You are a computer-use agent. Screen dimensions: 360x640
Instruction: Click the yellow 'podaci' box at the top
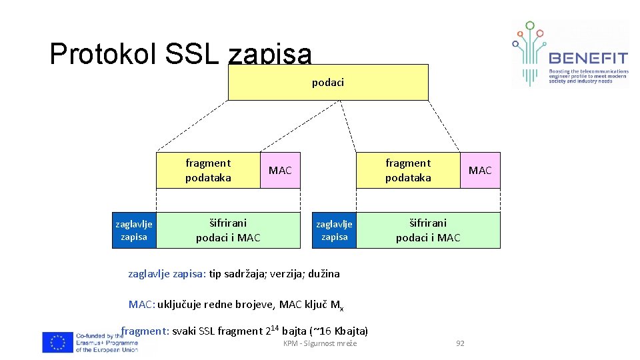click(x=328, y=82)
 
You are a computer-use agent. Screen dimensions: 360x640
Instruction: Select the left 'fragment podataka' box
click(x=208, y=170)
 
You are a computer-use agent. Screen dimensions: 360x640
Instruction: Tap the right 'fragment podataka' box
click(x=408, y=170)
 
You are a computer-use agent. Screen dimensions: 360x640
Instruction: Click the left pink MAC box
click(x=280, y=170)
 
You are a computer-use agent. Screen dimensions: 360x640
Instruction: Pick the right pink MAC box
click(x=480, y=170)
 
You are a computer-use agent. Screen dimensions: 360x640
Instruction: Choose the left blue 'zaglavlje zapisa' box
click(x=134, y=230)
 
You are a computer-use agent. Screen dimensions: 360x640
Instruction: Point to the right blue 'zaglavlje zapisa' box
click(x=334, y=230)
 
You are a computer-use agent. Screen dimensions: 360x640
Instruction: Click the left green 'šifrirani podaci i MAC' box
click(x=228, y=230)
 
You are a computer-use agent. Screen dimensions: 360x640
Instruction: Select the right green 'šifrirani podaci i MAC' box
click(x=428, y=230)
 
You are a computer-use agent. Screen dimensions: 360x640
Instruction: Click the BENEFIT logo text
click(x=587, y=58)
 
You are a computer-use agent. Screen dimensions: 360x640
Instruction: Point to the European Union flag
click(x=57, y=342)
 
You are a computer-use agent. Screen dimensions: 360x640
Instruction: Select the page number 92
click(x=460, y=343)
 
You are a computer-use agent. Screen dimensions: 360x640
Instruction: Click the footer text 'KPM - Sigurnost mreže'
click(x=320, y=343)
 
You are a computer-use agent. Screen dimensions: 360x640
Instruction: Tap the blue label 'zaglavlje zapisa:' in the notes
click(x=167, y=273)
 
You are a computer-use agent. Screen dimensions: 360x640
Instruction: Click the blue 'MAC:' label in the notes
click(x=142, y=305)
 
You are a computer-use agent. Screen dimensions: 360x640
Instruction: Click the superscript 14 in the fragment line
click(x=273, y=326)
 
